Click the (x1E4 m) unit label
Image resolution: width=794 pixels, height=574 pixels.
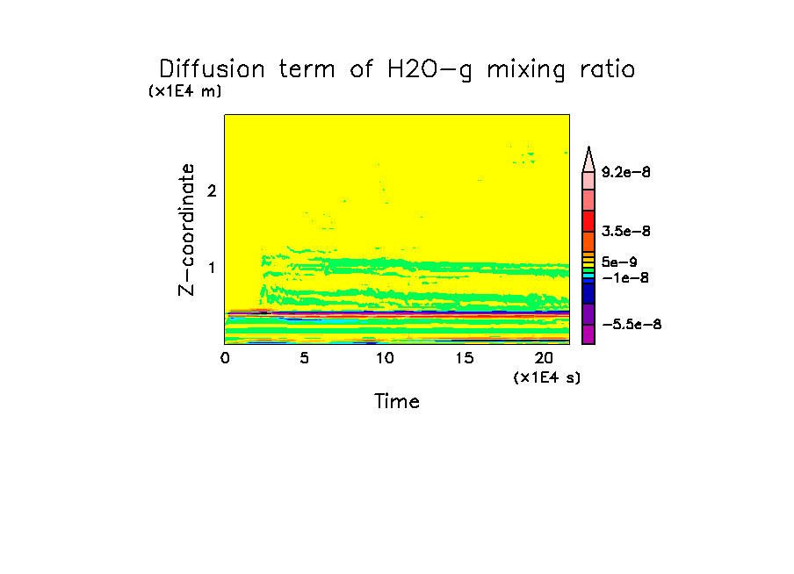click(x=184, y=91)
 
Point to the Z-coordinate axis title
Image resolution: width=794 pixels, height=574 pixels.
click(x=186, y=228)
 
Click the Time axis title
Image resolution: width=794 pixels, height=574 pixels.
click(x=397, y=402)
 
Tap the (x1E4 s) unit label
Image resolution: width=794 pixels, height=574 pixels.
click(x=547, y=377)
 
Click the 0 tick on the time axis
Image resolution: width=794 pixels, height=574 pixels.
click(x=225, y=358)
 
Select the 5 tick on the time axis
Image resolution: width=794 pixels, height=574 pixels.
click(x=304, y=358)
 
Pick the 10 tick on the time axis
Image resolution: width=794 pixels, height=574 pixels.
click(x=384, y=358)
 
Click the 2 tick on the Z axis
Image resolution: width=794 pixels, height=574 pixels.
click(x=211, y=190)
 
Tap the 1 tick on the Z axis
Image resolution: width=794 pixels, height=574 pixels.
click(x=211, y=267)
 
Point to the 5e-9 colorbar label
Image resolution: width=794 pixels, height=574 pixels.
click(x=619, y=261)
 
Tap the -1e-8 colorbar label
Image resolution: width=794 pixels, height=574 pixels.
click(x=623, y=278)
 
